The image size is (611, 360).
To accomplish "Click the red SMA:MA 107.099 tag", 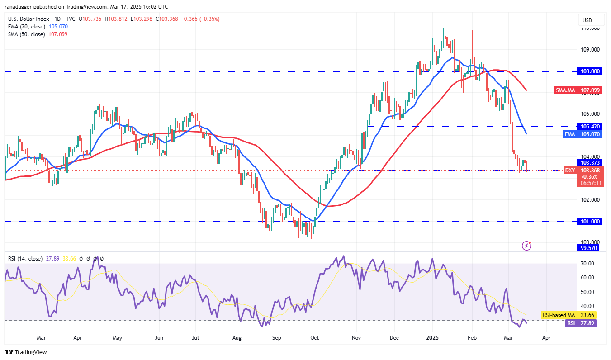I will (x=578, y=90).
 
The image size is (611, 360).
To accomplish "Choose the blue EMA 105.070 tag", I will (x=583, y=134).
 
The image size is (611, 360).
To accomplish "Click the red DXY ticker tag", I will (x=570, y=170).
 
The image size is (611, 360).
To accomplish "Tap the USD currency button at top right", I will (x=587, y=20).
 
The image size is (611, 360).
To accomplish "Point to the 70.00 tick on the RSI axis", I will (x=588, y=263).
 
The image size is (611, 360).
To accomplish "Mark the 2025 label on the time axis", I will (x=433, y=337).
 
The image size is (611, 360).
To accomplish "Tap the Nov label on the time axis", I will (x=356, y=337).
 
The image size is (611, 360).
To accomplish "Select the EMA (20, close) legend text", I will (x=26, y=27).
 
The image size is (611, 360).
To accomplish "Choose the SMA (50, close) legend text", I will (x=26, y=34).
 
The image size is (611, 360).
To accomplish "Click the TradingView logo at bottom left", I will (x=26, y=352).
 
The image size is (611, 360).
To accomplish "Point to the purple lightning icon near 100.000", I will (x=526, y=246).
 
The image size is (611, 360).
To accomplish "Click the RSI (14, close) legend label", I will (x=25, y=259).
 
